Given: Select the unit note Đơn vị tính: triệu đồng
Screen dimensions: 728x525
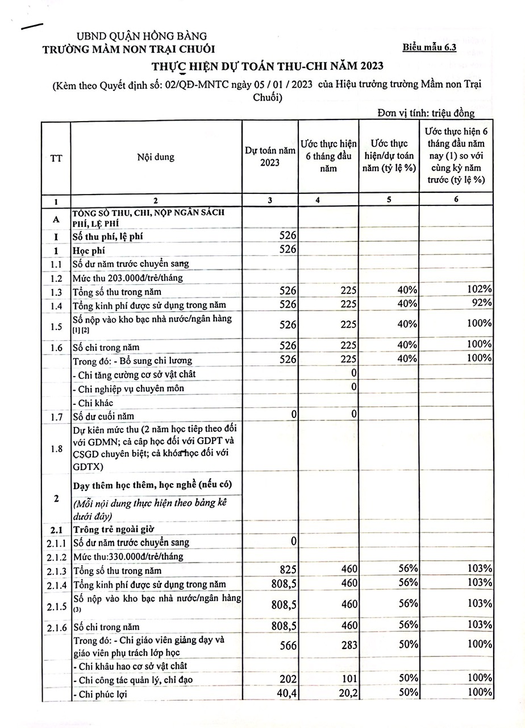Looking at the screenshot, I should coord(426,113).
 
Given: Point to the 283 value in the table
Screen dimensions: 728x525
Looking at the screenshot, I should coord(348,644).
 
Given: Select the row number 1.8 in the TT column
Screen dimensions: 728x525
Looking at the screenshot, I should coord(56,449).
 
